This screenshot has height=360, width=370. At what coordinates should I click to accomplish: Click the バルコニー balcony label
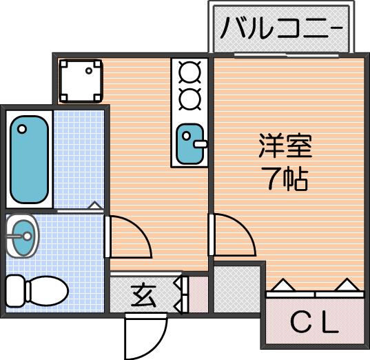tap(282, 28)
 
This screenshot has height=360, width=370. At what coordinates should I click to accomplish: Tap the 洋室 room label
tap(285, 146)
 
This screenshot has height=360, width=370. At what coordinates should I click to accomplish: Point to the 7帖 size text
tap(287, 179)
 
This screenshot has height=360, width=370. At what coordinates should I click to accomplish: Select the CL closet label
tap(315, 323)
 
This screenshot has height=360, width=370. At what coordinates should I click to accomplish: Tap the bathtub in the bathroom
tap(29, 159)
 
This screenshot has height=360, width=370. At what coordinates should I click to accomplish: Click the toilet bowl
tap(47, 291)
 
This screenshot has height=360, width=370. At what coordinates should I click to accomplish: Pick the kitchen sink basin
tap(189, 144)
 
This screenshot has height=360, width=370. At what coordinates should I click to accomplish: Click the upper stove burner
tap(190, 72)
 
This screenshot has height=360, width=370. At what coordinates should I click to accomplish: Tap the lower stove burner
tap(190, 99)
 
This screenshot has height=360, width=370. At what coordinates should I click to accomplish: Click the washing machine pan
tap(81, 81)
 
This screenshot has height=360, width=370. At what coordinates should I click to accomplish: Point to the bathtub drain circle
tap(22, 129)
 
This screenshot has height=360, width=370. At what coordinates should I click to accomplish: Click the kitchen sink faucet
tap(200, 143)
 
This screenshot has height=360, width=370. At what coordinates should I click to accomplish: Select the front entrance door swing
tap(146, 336)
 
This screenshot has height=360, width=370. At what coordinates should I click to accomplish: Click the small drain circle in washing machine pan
tap(89, 70)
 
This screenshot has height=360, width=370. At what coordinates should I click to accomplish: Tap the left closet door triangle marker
tap(282, 285)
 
